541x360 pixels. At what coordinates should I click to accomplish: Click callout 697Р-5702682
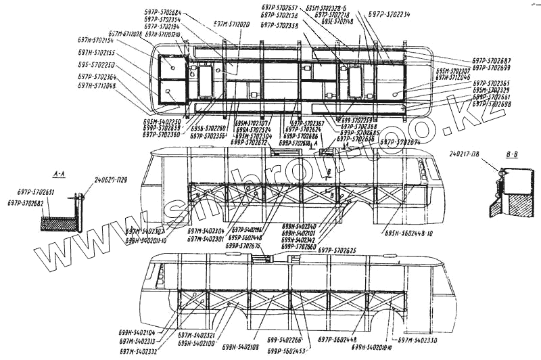click(x=26, y=203)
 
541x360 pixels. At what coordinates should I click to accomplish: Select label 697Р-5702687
click(x=492, y=61)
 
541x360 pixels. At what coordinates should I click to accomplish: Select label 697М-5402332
click(x=139, y=351)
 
